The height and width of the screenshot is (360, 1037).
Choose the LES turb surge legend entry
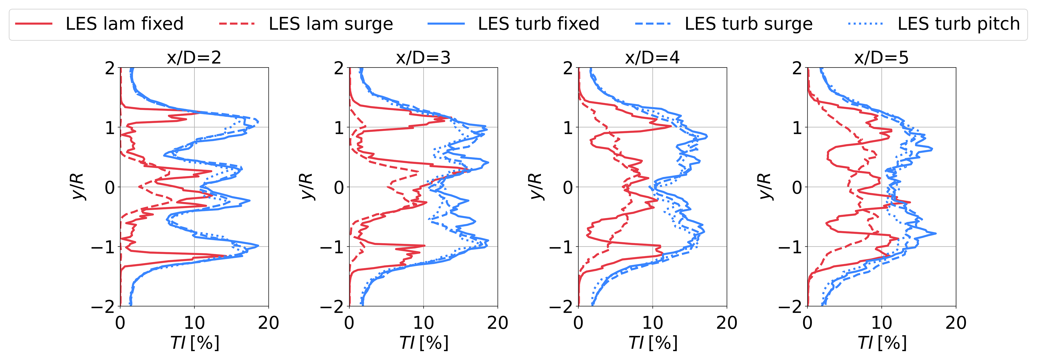(748, 24)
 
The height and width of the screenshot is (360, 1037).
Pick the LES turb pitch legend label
(959, 24)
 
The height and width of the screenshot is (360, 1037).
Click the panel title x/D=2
(194, 58)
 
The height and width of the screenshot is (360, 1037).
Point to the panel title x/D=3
(423, 58)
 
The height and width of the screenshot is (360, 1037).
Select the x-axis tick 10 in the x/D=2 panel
(194, 323)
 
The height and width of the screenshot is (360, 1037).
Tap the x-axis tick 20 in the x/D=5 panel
(956, 323)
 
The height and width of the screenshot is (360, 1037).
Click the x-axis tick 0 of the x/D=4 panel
(579, 323)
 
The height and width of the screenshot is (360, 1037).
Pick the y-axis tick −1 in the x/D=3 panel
(332, 246)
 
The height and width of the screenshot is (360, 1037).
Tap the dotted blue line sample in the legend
(866, 24)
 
